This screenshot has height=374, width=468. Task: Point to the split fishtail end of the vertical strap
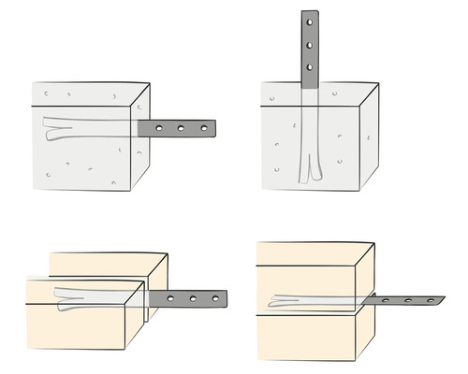pos(309,170)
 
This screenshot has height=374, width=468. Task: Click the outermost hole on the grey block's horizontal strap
pos(201,128)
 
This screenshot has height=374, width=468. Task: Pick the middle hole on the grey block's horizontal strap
pos(181,128)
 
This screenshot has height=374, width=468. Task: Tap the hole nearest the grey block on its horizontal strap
pos(159,128)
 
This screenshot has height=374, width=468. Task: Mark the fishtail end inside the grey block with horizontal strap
pos(54,128)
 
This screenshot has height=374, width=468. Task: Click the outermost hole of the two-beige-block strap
pos(214,299)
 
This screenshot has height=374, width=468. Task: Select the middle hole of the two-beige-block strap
pos(193,299)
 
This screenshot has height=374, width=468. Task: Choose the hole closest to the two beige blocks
pos(171,299)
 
